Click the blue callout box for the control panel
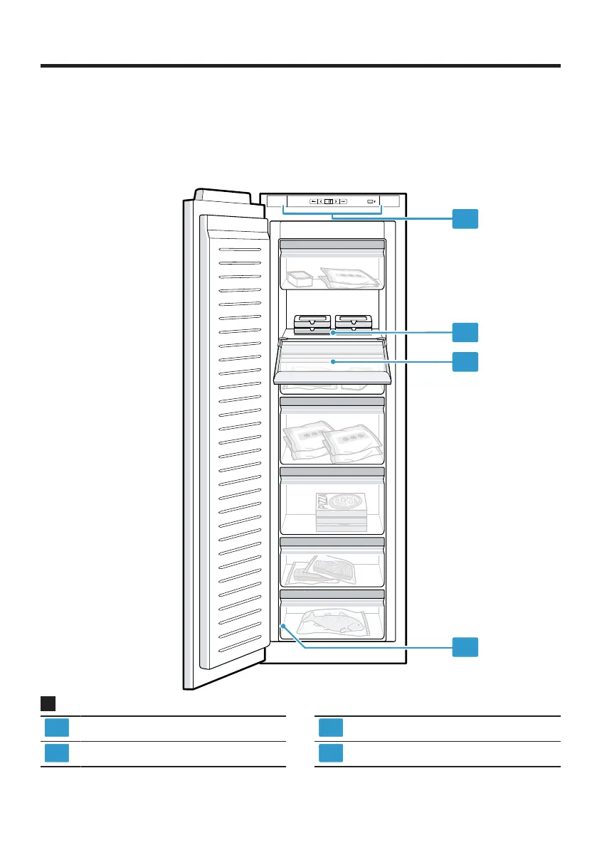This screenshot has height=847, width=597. click(465, 219)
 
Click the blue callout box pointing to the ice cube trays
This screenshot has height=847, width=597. click(465, 331)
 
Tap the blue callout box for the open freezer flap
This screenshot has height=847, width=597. click(465, 361)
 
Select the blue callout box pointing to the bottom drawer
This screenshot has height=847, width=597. click(465, 647)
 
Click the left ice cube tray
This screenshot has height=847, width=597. click(312, 323)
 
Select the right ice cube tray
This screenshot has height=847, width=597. click(354, 323)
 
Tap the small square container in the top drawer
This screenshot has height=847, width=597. click(299, 278)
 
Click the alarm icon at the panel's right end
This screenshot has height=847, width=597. click(371, 201)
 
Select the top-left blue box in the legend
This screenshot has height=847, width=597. click(57, 728)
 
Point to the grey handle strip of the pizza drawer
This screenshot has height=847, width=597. click(332, 472)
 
